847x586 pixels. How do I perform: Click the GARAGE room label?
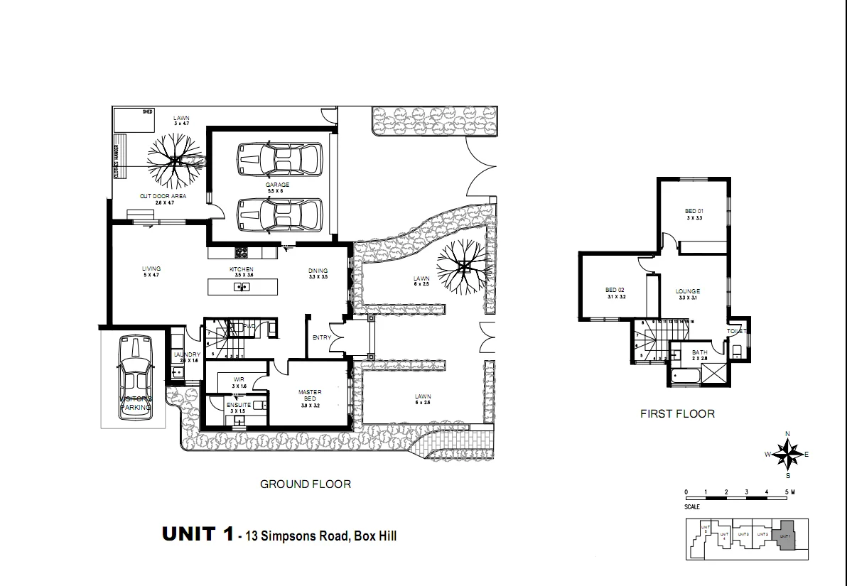click(278, 185)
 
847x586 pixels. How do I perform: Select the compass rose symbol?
click(787, 454)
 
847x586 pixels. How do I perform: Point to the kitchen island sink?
click(242, 287)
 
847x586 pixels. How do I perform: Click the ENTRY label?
click(321, 337)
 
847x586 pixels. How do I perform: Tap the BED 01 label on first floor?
click(694, 211)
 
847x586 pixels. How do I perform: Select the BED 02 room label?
click(615, 290)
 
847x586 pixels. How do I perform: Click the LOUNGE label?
click(688, 291)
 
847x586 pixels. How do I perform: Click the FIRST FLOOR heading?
click(677, 413)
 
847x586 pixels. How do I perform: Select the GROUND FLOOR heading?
click(305, 484)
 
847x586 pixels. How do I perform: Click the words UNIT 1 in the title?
click(198, 534)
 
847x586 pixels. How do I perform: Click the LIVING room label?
click(151, 269)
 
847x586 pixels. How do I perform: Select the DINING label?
click(318, 271)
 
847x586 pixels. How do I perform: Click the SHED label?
click(148, 112)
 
